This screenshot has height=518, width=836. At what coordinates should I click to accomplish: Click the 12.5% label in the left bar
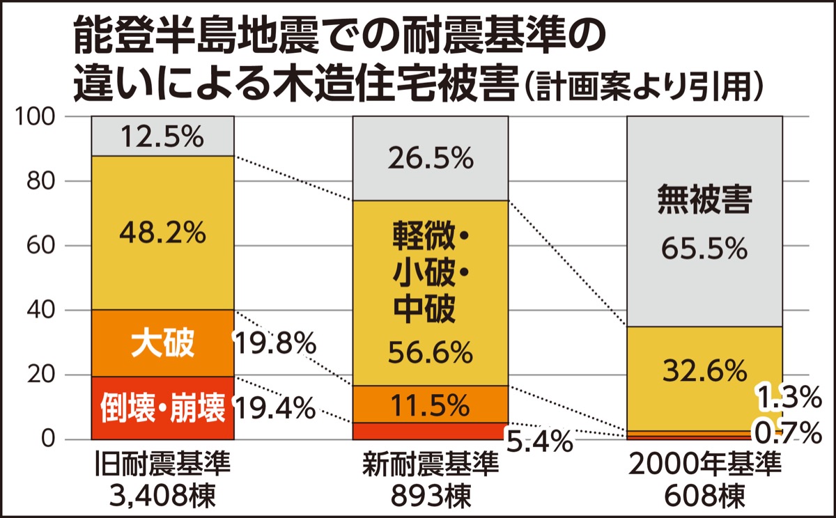point(162,136)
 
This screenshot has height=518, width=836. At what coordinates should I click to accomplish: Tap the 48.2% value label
point(162,233)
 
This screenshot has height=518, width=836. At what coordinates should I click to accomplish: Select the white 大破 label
point(162,343)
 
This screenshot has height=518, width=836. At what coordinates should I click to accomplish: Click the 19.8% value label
point(274,343)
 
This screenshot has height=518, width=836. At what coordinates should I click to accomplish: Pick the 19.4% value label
point(274,409)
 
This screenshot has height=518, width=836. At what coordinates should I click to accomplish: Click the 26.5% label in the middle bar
point(429,160)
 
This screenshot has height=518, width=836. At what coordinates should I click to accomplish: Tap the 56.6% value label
point(429,354)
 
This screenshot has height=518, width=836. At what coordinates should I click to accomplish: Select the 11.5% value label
point(429,403)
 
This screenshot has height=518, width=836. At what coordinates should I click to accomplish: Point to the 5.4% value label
point(539,440)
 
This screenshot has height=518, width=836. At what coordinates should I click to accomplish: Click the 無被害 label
point(704,202)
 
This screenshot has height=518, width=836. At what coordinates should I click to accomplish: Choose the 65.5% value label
point(704,249)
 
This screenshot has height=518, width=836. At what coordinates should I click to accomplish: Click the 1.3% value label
point(789,398)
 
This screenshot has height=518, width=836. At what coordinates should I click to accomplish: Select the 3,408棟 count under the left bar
point(162,496)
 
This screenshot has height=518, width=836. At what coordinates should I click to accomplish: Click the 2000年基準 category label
point(704,466)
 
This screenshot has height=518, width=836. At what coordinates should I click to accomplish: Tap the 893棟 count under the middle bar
point(429,496)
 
